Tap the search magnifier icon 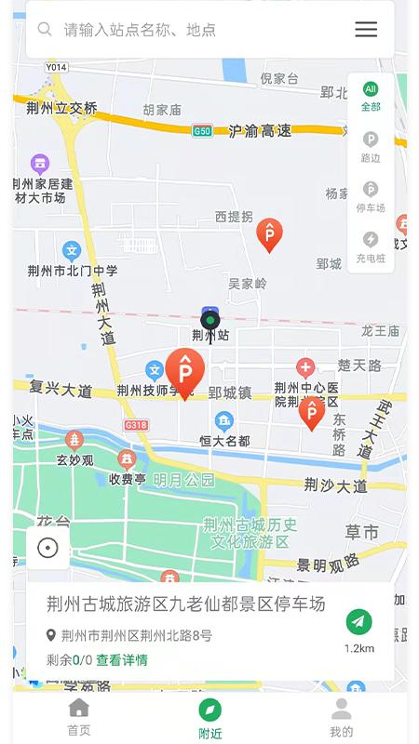point(44,29)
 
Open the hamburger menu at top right point(366,29)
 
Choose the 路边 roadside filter point(371,147)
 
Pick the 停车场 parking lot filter point(371,196)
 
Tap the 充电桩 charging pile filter point(371,246)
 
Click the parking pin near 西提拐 point(269,234)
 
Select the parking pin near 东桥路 point(311,412)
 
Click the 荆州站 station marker point(210,323)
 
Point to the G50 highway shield point(202,131)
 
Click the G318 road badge point(136,424)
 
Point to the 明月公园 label point(183,480)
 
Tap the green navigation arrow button point(358,621)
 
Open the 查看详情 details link point(122,660)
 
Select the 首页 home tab point(79,717)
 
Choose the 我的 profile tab point(342,717)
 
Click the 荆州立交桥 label point(61,108)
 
